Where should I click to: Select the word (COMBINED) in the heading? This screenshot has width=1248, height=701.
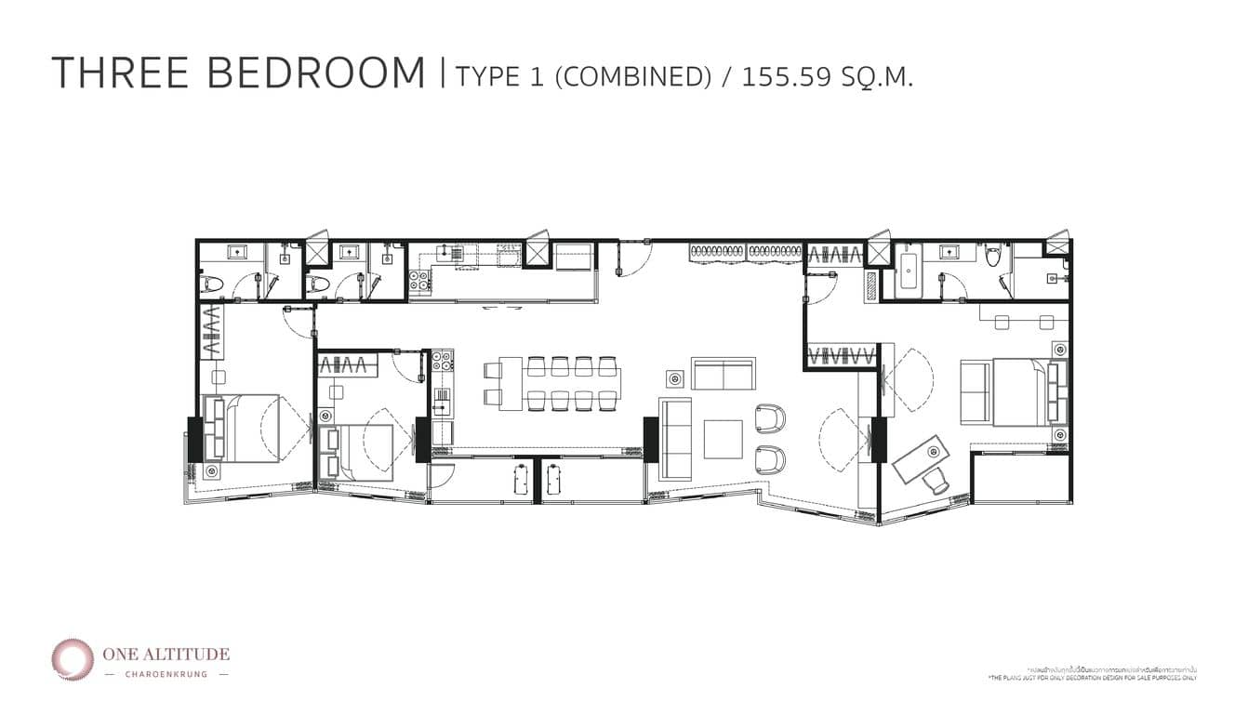pyautogui.click(x=632, y=75)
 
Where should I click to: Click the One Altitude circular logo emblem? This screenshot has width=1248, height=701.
pyautogui.click(x=72, y=658)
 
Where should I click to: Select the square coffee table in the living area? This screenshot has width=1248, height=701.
pyautogui.click(x=723, y=439)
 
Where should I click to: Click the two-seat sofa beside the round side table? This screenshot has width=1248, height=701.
pyautogui.click(x=724, y=374)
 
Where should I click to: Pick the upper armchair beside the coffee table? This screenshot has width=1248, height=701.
pyautogui.click(x=771, y=419)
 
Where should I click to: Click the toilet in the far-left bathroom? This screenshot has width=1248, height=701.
pyautogui.click(x=211, y=284)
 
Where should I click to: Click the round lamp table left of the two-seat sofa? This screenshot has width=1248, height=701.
pyautogui.click(x=675, y=378)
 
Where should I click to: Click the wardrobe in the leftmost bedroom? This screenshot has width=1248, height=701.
pyautogui.click(x=210, y=334)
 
